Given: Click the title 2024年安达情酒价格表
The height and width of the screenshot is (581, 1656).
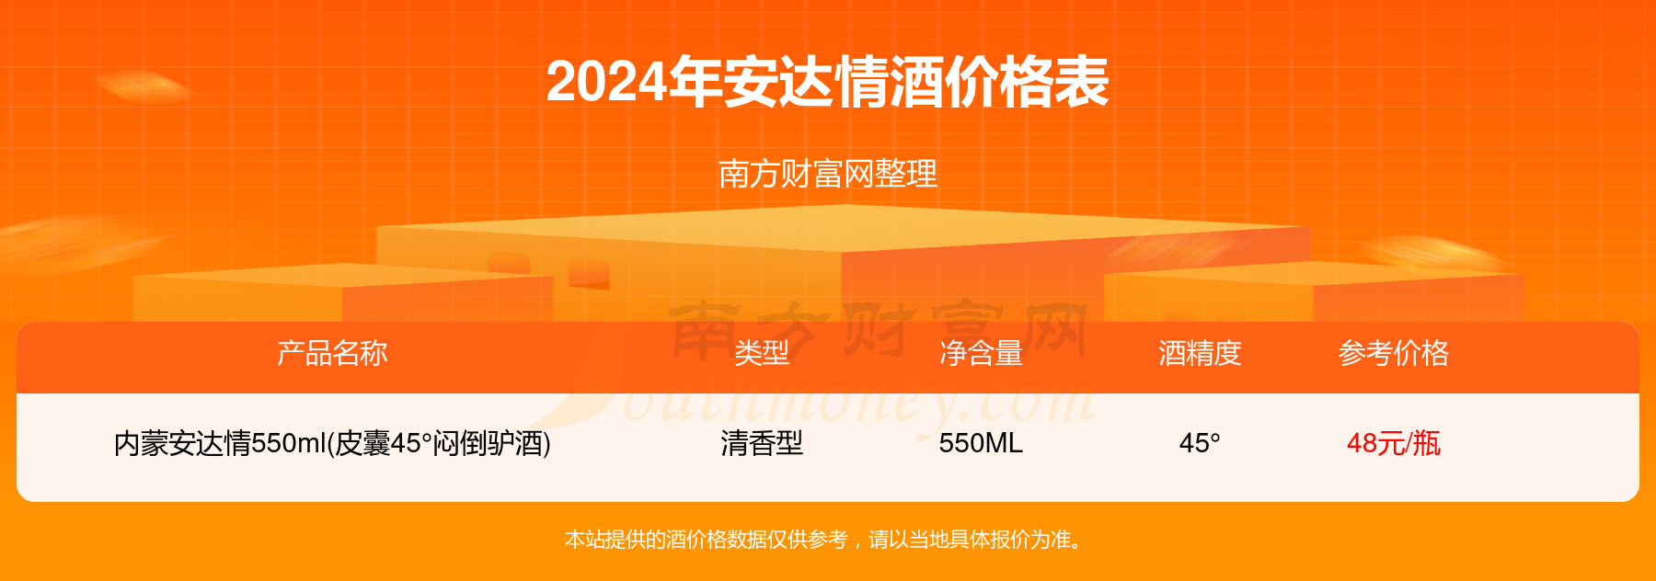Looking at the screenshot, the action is [x=827, y=82].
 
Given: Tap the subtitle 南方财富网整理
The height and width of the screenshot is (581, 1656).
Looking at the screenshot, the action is [x=828, y=174].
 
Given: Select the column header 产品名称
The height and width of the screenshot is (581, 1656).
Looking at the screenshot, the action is [x=332, y=353].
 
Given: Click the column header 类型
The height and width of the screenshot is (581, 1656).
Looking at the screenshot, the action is [x=762, y=353].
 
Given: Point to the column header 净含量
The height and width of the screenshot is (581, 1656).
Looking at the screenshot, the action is [x=981, y=353].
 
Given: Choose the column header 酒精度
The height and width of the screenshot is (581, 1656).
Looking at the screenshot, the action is [x=1200, y=353].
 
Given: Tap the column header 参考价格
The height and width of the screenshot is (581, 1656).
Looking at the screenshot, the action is [x=1394, y=353].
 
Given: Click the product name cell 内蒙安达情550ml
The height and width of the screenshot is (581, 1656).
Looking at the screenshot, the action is [x=332, y=444].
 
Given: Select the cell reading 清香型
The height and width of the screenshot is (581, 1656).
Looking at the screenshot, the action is [x=762, y=444].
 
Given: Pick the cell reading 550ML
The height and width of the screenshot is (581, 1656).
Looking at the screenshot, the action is [x=981, y=444].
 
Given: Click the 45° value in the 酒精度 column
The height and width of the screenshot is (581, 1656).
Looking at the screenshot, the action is [x=1200, y=444].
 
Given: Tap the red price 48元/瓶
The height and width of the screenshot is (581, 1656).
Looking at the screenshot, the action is [x=1394, y=444].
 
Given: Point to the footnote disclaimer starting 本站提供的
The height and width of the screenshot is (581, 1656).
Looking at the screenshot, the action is [x=828, y=540].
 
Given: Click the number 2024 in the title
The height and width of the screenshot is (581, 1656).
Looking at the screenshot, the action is [x=606, y=82].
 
